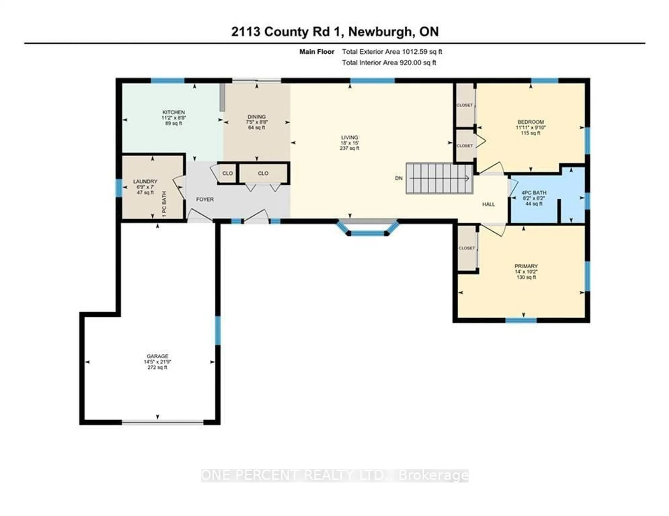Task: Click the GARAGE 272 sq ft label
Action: (157, 362)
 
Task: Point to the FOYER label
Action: (205, 199)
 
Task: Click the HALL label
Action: (488, 204)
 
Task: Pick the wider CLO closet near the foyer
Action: (263, 173)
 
